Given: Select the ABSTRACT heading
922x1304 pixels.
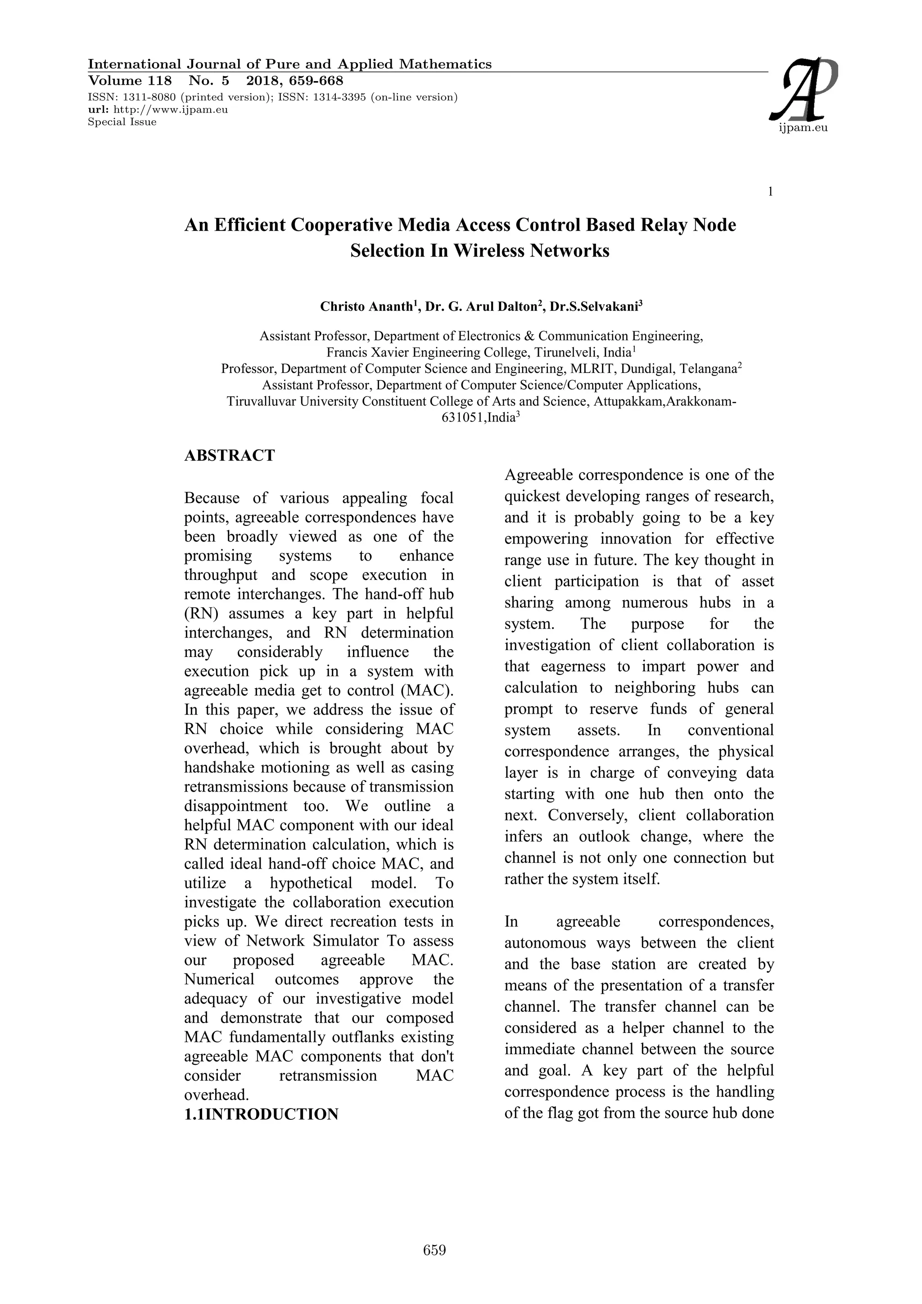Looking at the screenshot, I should pos(229,456).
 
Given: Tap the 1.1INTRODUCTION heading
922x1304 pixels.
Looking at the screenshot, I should pos(261,1114).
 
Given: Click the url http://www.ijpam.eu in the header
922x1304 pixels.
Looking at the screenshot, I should pos(170,109).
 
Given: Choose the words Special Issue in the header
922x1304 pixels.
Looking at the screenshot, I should pos(122,122).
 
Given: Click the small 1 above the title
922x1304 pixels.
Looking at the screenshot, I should pos(770,192).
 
